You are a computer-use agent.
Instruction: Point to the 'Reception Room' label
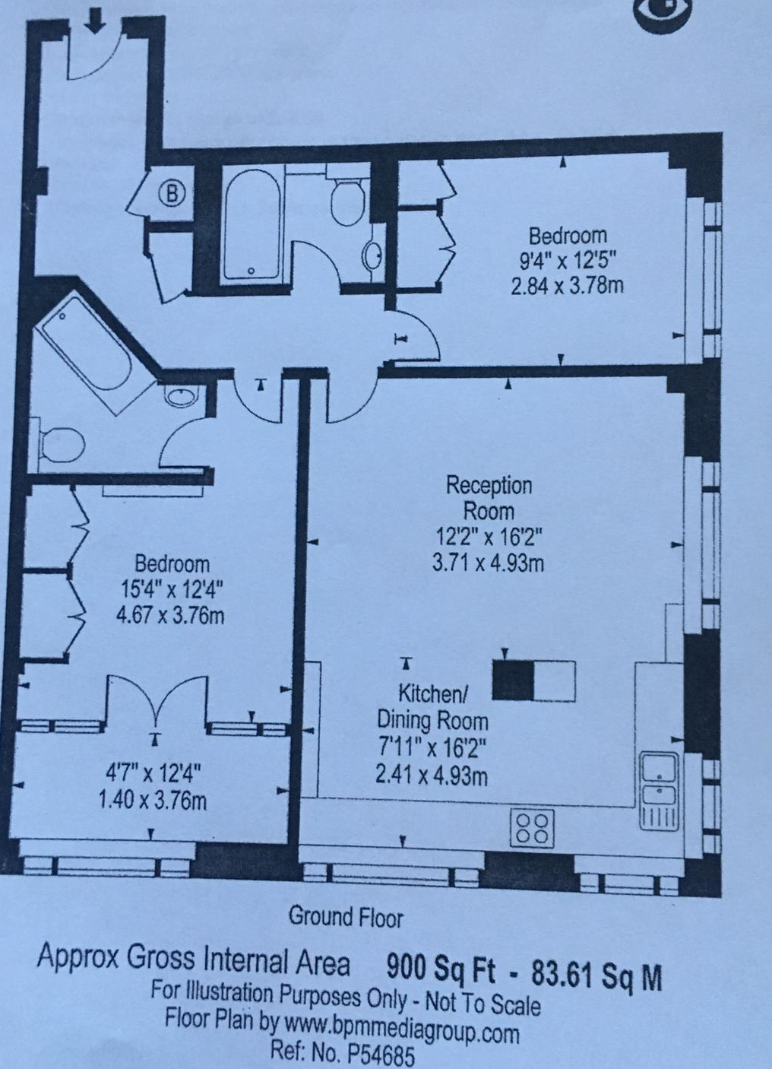click(x=489, y=499)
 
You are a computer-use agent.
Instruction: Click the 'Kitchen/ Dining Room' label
click(x=433, y=708)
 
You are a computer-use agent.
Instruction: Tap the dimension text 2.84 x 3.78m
click(x=567, y=287)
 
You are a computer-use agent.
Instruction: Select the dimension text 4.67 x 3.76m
click(x=170, y=616)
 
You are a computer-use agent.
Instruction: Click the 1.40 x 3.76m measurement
click(x=153, y=801)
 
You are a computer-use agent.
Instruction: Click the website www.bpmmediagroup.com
click(x=401, y=1030)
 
